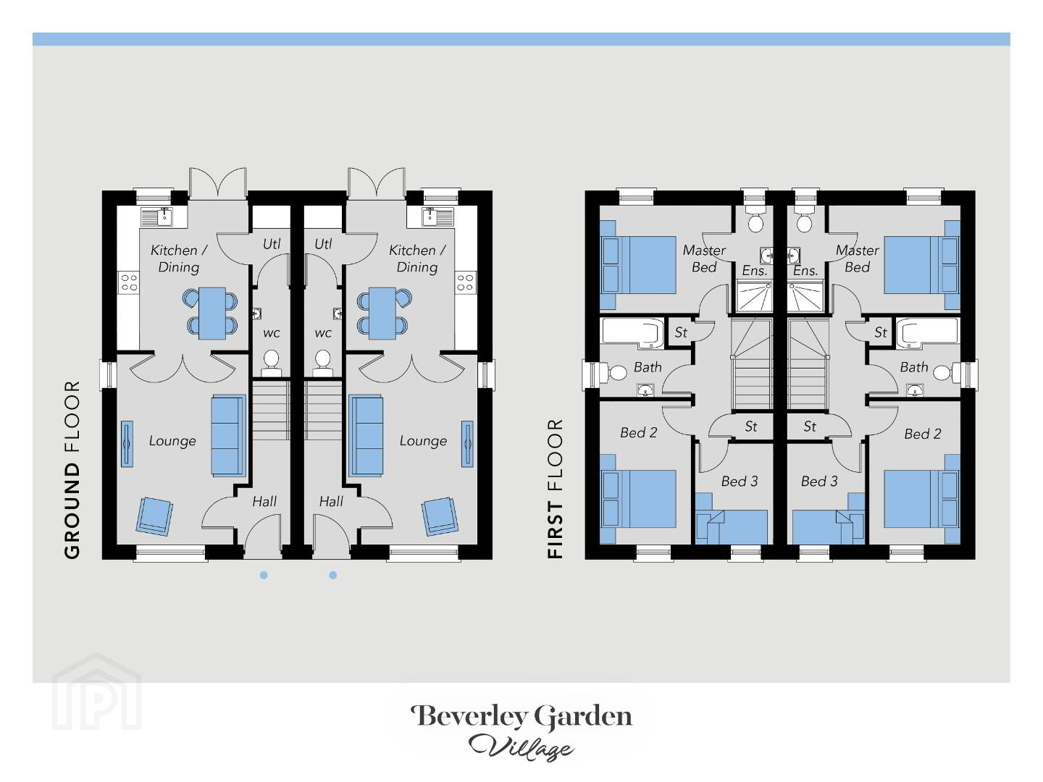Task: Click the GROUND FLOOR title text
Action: (x=72, y=470)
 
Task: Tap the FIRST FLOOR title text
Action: (x=555, y=489)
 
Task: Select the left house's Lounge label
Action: (x=172, y=441)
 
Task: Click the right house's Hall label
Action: (x=331, y=501)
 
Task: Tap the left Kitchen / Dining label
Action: (x=179, y=258)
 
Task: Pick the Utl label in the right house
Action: (x=323, y=244)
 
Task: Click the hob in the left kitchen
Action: (x=129, y=282)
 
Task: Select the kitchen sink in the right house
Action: (x=430, y=216)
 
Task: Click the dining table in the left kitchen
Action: (x=212, y=314)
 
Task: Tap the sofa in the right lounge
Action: (x=366, y=436)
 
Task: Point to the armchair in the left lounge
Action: (x=154, y=516)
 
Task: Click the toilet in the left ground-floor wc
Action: (x=272, y=364)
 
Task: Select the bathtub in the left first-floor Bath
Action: (x=632, y=332)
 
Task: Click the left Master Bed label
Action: (x=704, y=258)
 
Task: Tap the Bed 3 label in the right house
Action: (x=819, y=482)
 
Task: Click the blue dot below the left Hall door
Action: (x=264, y=576)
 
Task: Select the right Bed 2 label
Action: (x=922, y=434)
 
